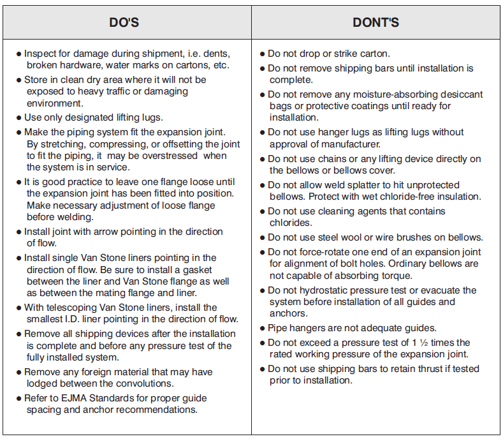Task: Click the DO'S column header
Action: (124, 23)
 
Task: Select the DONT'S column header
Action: (375, 23)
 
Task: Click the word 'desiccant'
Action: (460, 94)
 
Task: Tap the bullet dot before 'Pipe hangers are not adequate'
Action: (262, 329)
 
